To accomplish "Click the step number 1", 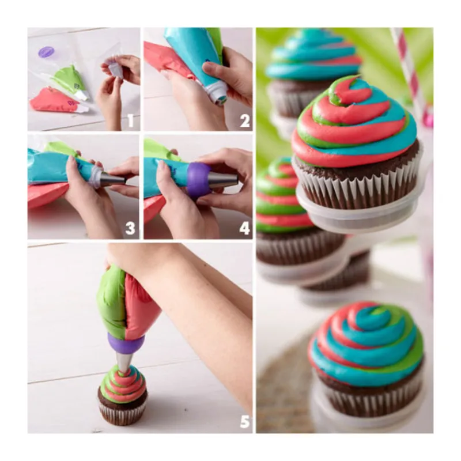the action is [x=130, y=120].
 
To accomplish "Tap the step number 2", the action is [x=244, y=121].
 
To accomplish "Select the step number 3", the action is [x=130, y=228].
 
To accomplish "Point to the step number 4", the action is [x=244, y=228].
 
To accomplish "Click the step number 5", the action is [x=245, y=422].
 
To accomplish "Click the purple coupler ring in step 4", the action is [x=199, y=180].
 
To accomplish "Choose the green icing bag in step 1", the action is [x=70, y=80].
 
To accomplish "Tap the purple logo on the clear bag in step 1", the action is [x=45, y=52].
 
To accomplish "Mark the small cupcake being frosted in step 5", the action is [x=122, y=394].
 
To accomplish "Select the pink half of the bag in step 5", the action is [x=141, y=306].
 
